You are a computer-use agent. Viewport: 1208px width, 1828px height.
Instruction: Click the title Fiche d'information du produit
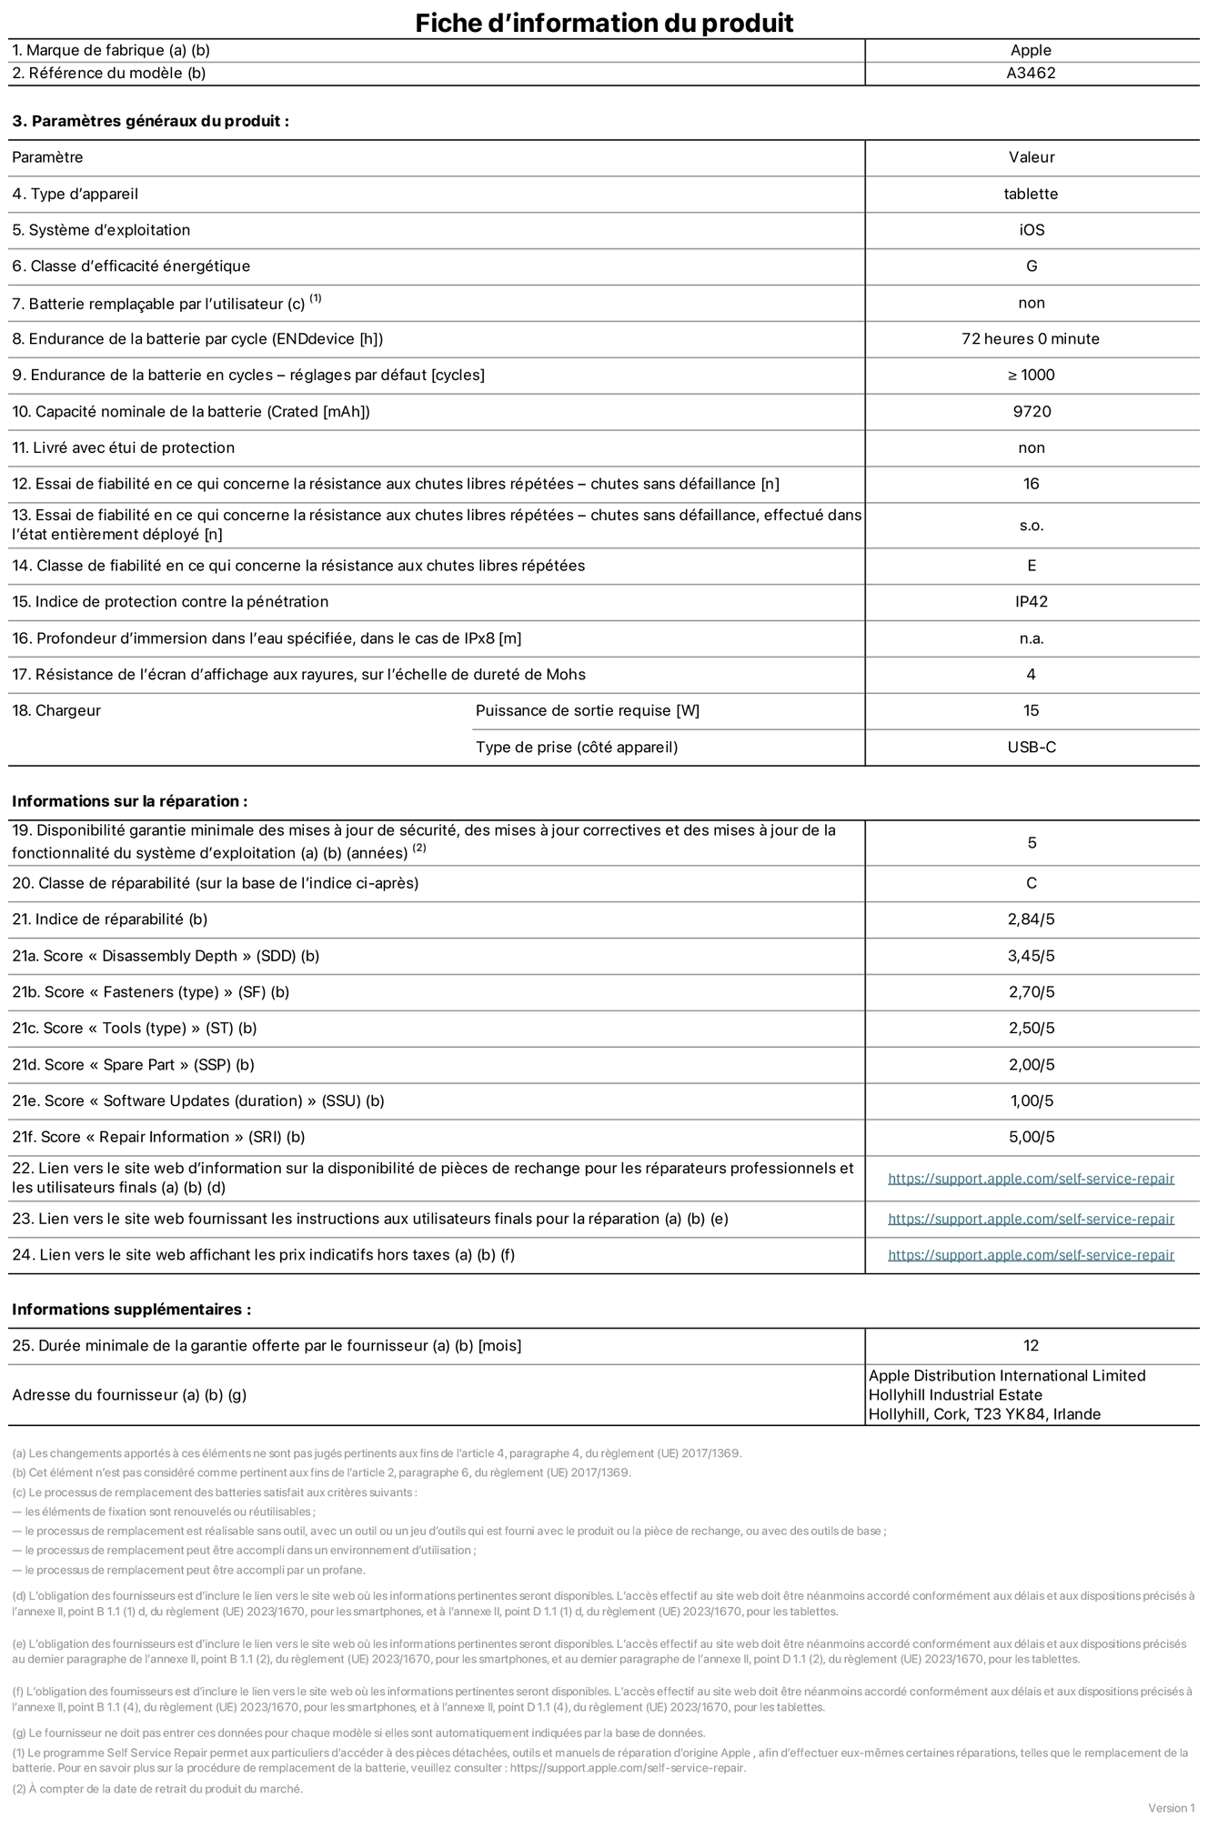(604, 23)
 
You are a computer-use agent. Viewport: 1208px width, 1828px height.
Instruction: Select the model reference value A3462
(1031, 74)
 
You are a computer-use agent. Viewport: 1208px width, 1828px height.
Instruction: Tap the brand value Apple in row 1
(1031, 51)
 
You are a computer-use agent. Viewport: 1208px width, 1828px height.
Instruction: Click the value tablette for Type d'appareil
(1031, 194)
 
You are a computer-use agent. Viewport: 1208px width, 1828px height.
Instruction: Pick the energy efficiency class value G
(1031, 266)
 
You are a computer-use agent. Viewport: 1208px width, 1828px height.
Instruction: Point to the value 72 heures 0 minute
(1031, 339)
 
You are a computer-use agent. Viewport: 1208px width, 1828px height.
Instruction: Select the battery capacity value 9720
(1031, 412)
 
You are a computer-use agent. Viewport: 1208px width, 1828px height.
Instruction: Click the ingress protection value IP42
(1031, 602)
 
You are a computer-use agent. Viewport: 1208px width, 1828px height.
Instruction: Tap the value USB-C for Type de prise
(1031, 748)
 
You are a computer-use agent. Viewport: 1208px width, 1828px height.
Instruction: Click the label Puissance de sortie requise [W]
(588, 711)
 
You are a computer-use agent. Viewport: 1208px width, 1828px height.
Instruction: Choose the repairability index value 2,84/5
(1031, 919)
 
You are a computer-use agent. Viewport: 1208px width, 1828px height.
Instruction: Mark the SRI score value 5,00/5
(1031, 1137)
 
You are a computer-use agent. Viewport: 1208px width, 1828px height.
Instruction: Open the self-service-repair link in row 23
(1031, 1219)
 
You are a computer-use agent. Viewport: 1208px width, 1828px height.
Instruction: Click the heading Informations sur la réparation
(129, 801)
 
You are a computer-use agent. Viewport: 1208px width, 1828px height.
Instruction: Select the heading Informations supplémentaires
(131, 1310)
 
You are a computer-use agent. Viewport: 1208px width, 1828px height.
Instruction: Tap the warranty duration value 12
(1031, 1346)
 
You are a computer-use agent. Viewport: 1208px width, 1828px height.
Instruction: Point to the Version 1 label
(1171, 1808)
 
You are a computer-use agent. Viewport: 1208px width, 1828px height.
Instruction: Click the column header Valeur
(1031, 157)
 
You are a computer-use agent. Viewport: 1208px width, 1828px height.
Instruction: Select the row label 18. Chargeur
(56, 711)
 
